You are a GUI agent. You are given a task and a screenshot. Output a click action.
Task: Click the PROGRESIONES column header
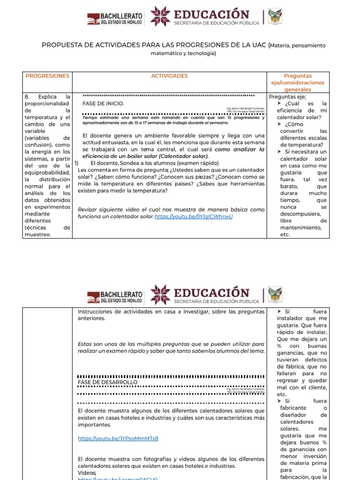(47, 75)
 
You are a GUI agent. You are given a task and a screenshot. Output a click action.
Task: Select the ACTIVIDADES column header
(169, 75)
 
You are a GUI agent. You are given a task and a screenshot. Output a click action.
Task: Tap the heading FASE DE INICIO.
(104, 103)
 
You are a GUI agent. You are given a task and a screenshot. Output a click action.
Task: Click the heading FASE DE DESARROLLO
(108, 382)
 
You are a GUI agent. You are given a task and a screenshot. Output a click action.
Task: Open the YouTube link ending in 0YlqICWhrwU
(194, 217)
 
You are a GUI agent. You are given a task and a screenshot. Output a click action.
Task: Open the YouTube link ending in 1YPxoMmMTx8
(118, 438)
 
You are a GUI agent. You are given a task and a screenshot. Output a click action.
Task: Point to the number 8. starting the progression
(28, 97)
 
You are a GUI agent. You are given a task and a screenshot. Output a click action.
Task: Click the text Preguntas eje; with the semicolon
(287, 97)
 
